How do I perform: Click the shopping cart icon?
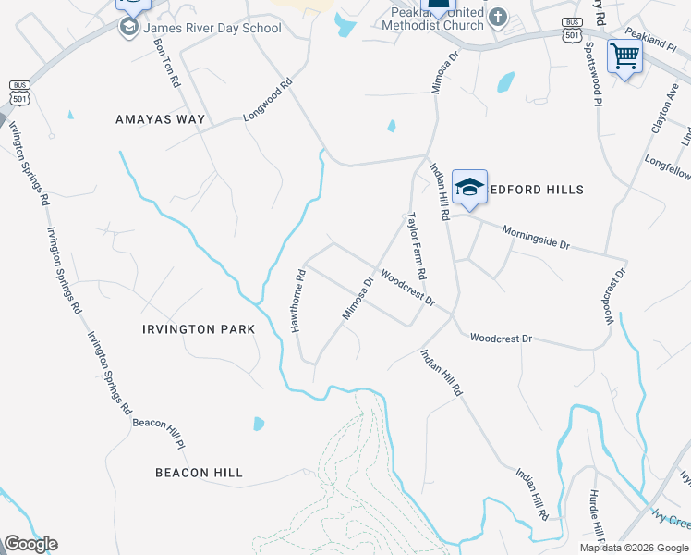[x=624, y=57]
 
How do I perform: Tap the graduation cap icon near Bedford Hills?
[x=469, y=187]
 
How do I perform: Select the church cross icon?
[x=498, y=17]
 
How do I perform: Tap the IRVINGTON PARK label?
[x=192, y=329]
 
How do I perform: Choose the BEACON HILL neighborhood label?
[x=199, y=473]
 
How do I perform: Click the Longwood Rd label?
[x=267, y=102]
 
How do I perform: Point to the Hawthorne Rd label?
[x=297, y=301]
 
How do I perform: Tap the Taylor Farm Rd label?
[x=417, y=246]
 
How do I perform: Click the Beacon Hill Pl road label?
[x=159, y=426]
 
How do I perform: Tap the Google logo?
[x=30, y=544]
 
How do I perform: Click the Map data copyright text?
[x=634, y=548]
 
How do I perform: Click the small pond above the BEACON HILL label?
[x=259, y=424]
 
